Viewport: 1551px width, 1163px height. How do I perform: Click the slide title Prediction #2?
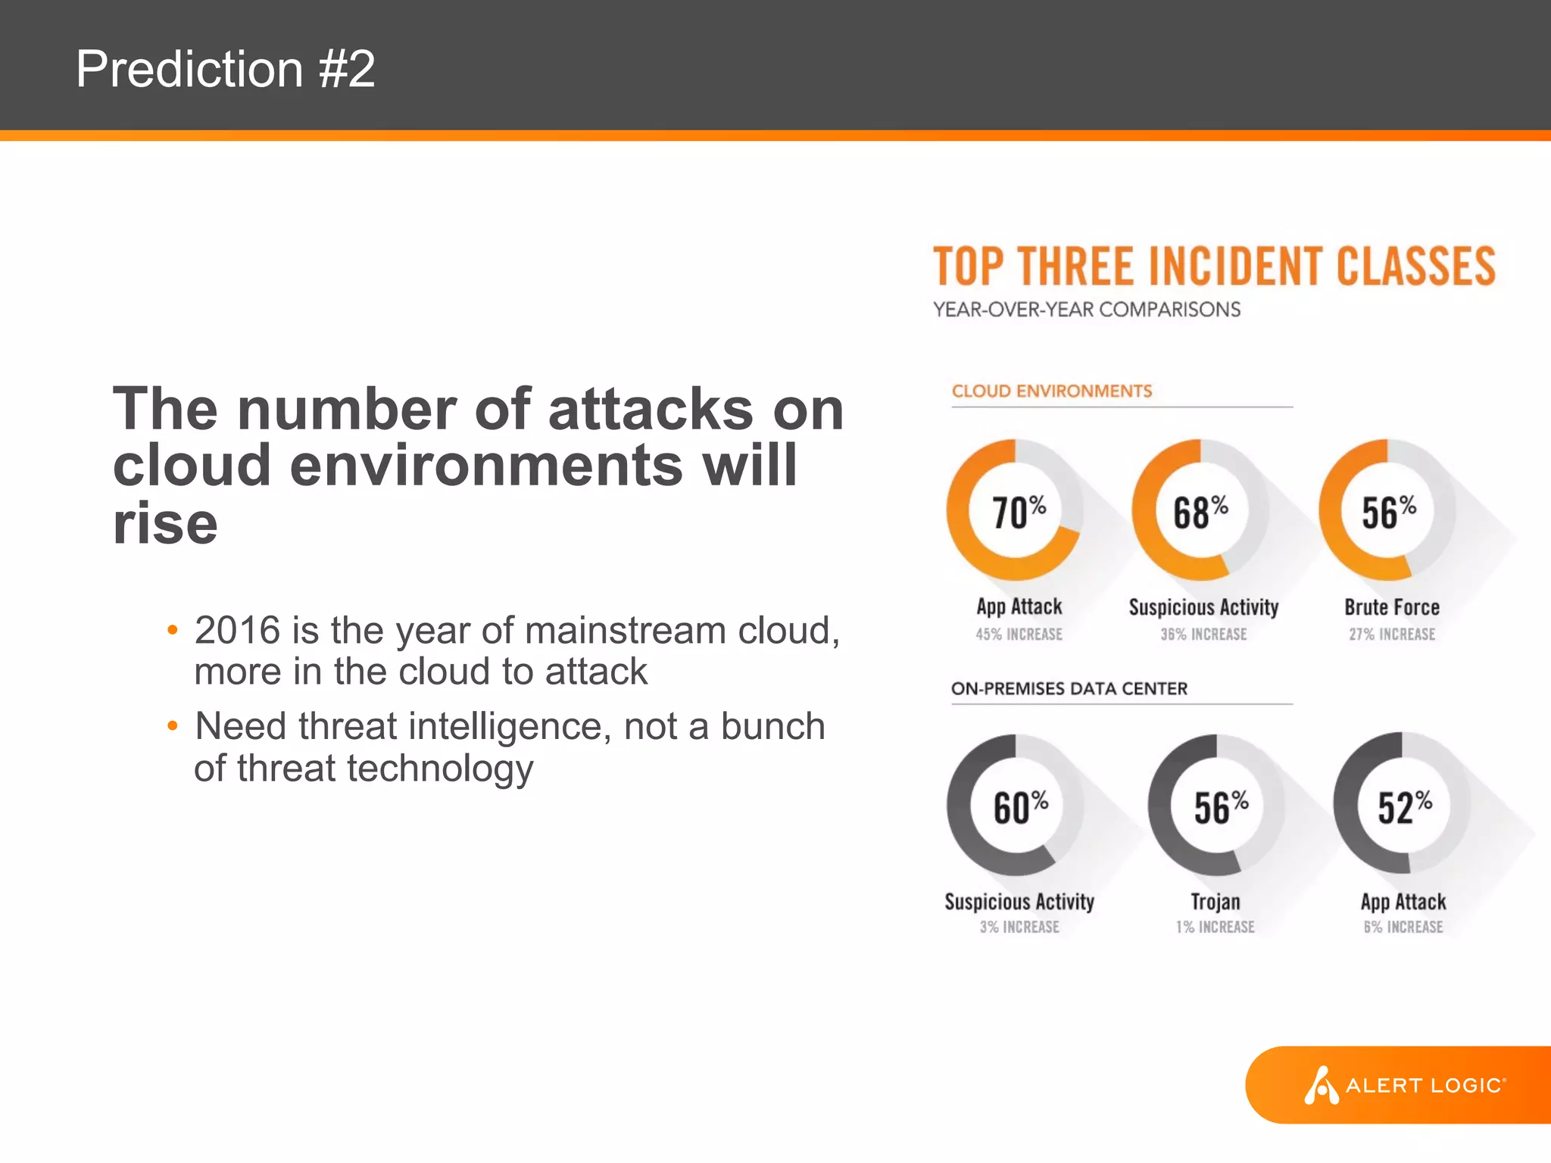[x=225, y=69]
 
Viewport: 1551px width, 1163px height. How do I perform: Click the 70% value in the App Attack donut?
[x=1018, y=512]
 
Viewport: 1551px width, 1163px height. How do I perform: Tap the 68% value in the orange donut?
[x=1200, y=512]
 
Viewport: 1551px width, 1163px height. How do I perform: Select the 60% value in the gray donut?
[x=1020, y=807]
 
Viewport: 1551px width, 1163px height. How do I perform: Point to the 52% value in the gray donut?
[x=1404, y=807]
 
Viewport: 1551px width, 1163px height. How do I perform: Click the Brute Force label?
[x=1392, y=607]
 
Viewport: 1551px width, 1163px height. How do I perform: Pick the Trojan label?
[x=1216, y=902]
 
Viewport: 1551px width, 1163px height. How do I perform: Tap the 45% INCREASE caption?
[x=1019, y=635]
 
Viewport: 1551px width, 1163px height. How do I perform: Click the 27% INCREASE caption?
[x=1392, y=635]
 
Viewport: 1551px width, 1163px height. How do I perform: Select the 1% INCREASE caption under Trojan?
[x=1216, y=927]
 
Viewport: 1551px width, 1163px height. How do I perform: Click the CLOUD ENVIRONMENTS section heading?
[x=1051, y=391]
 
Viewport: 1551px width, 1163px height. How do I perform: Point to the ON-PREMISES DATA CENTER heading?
[x=1069, y=689]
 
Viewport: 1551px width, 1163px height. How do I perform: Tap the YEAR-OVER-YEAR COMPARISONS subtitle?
[x=1087, y=310]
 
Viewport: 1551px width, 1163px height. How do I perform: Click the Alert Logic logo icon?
[x=1321, y=1085]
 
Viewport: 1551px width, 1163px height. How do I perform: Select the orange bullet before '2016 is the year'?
[x=173, y=630]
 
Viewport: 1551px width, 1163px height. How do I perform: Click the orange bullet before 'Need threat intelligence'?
[x=173, y=726]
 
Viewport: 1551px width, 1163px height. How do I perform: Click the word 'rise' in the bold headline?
[x=165, y=524]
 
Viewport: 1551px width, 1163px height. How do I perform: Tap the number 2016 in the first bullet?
[x=237, y=630]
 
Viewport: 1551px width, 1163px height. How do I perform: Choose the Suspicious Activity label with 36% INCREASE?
[x=1203, y=607]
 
